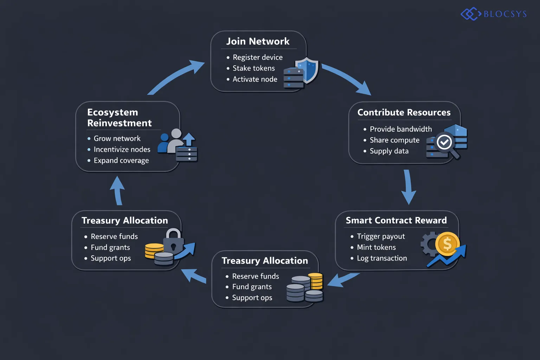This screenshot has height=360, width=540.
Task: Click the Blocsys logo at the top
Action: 494,14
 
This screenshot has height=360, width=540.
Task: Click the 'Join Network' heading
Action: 258,41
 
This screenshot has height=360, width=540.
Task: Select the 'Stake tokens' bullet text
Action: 253,68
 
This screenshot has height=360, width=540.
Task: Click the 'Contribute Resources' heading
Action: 404,112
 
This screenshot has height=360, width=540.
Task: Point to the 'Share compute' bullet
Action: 394,140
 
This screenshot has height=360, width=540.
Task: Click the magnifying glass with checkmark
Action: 445,143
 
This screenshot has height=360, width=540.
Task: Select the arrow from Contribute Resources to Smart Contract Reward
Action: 408,186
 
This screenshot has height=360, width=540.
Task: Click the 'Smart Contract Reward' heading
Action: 396,220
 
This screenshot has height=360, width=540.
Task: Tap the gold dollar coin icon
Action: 447,243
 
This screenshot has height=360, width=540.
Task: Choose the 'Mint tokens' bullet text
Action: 376,247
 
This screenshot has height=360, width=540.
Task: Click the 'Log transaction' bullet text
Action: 381,258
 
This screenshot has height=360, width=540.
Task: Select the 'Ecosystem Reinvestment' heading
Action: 119,118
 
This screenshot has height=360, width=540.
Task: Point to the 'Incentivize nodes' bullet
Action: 122,150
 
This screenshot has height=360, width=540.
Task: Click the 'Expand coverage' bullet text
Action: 121,161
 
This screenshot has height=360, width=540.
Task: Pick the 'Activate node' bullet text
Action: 255,79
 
